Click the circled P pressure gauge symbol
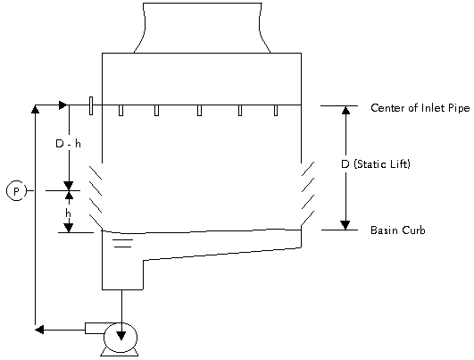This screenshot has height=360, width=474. click(x=16, y=190)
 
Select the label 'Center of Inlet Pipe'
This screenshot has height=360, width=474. click(x=420, y=108)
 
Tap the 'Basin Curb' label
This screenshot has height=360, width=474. click(x=398, y=230)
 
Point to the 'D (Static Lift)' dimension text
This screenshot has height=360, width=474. click(x=376, y=164)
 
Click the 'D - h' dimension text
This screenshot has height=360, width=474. click(x=69, y=144)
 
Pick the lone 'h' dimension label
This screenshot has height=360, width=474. click(x=69, y=213)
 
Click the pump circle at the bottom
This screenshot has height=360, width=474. click(x=121, y=338)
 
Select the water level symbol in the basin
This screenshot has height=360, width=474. click(x=123, y=243)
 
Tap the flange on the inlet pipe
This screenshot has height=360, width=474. click(x=91, y=106)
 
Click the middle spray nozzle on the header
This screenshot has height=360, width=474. click(x=200, y=110)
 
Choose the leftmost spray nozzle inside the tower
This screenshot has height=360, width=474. click(x=121, y=110)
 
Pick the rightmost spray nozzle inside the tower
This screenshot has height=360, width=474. click(x=276, y=110)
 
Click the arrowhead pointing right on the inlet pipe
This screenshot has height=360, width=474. click(x=62, y=105)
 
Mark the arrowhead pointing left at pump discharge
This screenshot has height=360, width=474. click(x=39, y=330)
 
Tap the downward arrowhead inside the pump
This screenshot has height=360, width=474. click(x=121, y=336)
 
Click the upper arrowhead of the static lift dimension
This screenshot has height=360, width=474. click(x=345, y=110)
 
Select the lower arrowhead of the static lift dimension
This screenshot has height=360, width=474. click(x=345, y=225)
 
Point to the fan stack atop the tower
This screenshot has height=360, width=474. click(x=202, y=28)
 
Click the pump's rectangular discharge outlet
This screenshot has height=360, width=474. click(x=95, y=328)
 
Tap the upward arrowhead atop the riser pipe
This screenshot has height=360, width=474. click(x=36, y=109)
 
